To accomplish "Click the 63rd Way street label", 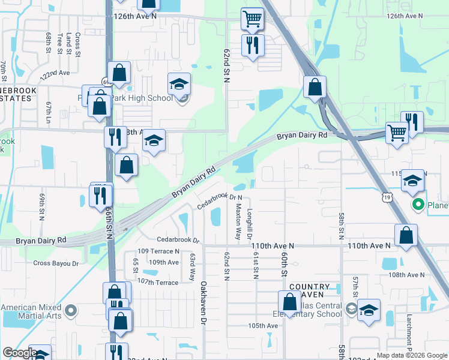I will [x=193, y=266].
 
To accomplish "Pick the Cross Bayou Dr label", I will [x=56, y=263].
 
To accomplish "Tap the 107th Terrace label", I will [x=158, y=282].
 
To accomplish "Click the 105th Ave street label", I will [x=264, y=326].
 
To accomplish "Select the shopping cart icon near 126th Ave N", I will [x=253, y=19].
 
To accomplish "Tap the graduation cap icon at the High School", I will [x=179, y=85].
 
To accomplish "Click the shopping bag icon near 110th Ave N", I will [x=406, y=236].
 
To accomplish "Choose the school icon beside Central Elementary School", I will [x=369, y=310].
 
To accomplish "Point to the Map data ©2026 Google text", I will [x=411, y=355].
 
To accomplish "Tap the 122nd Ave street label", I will [x=56, y=74].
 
